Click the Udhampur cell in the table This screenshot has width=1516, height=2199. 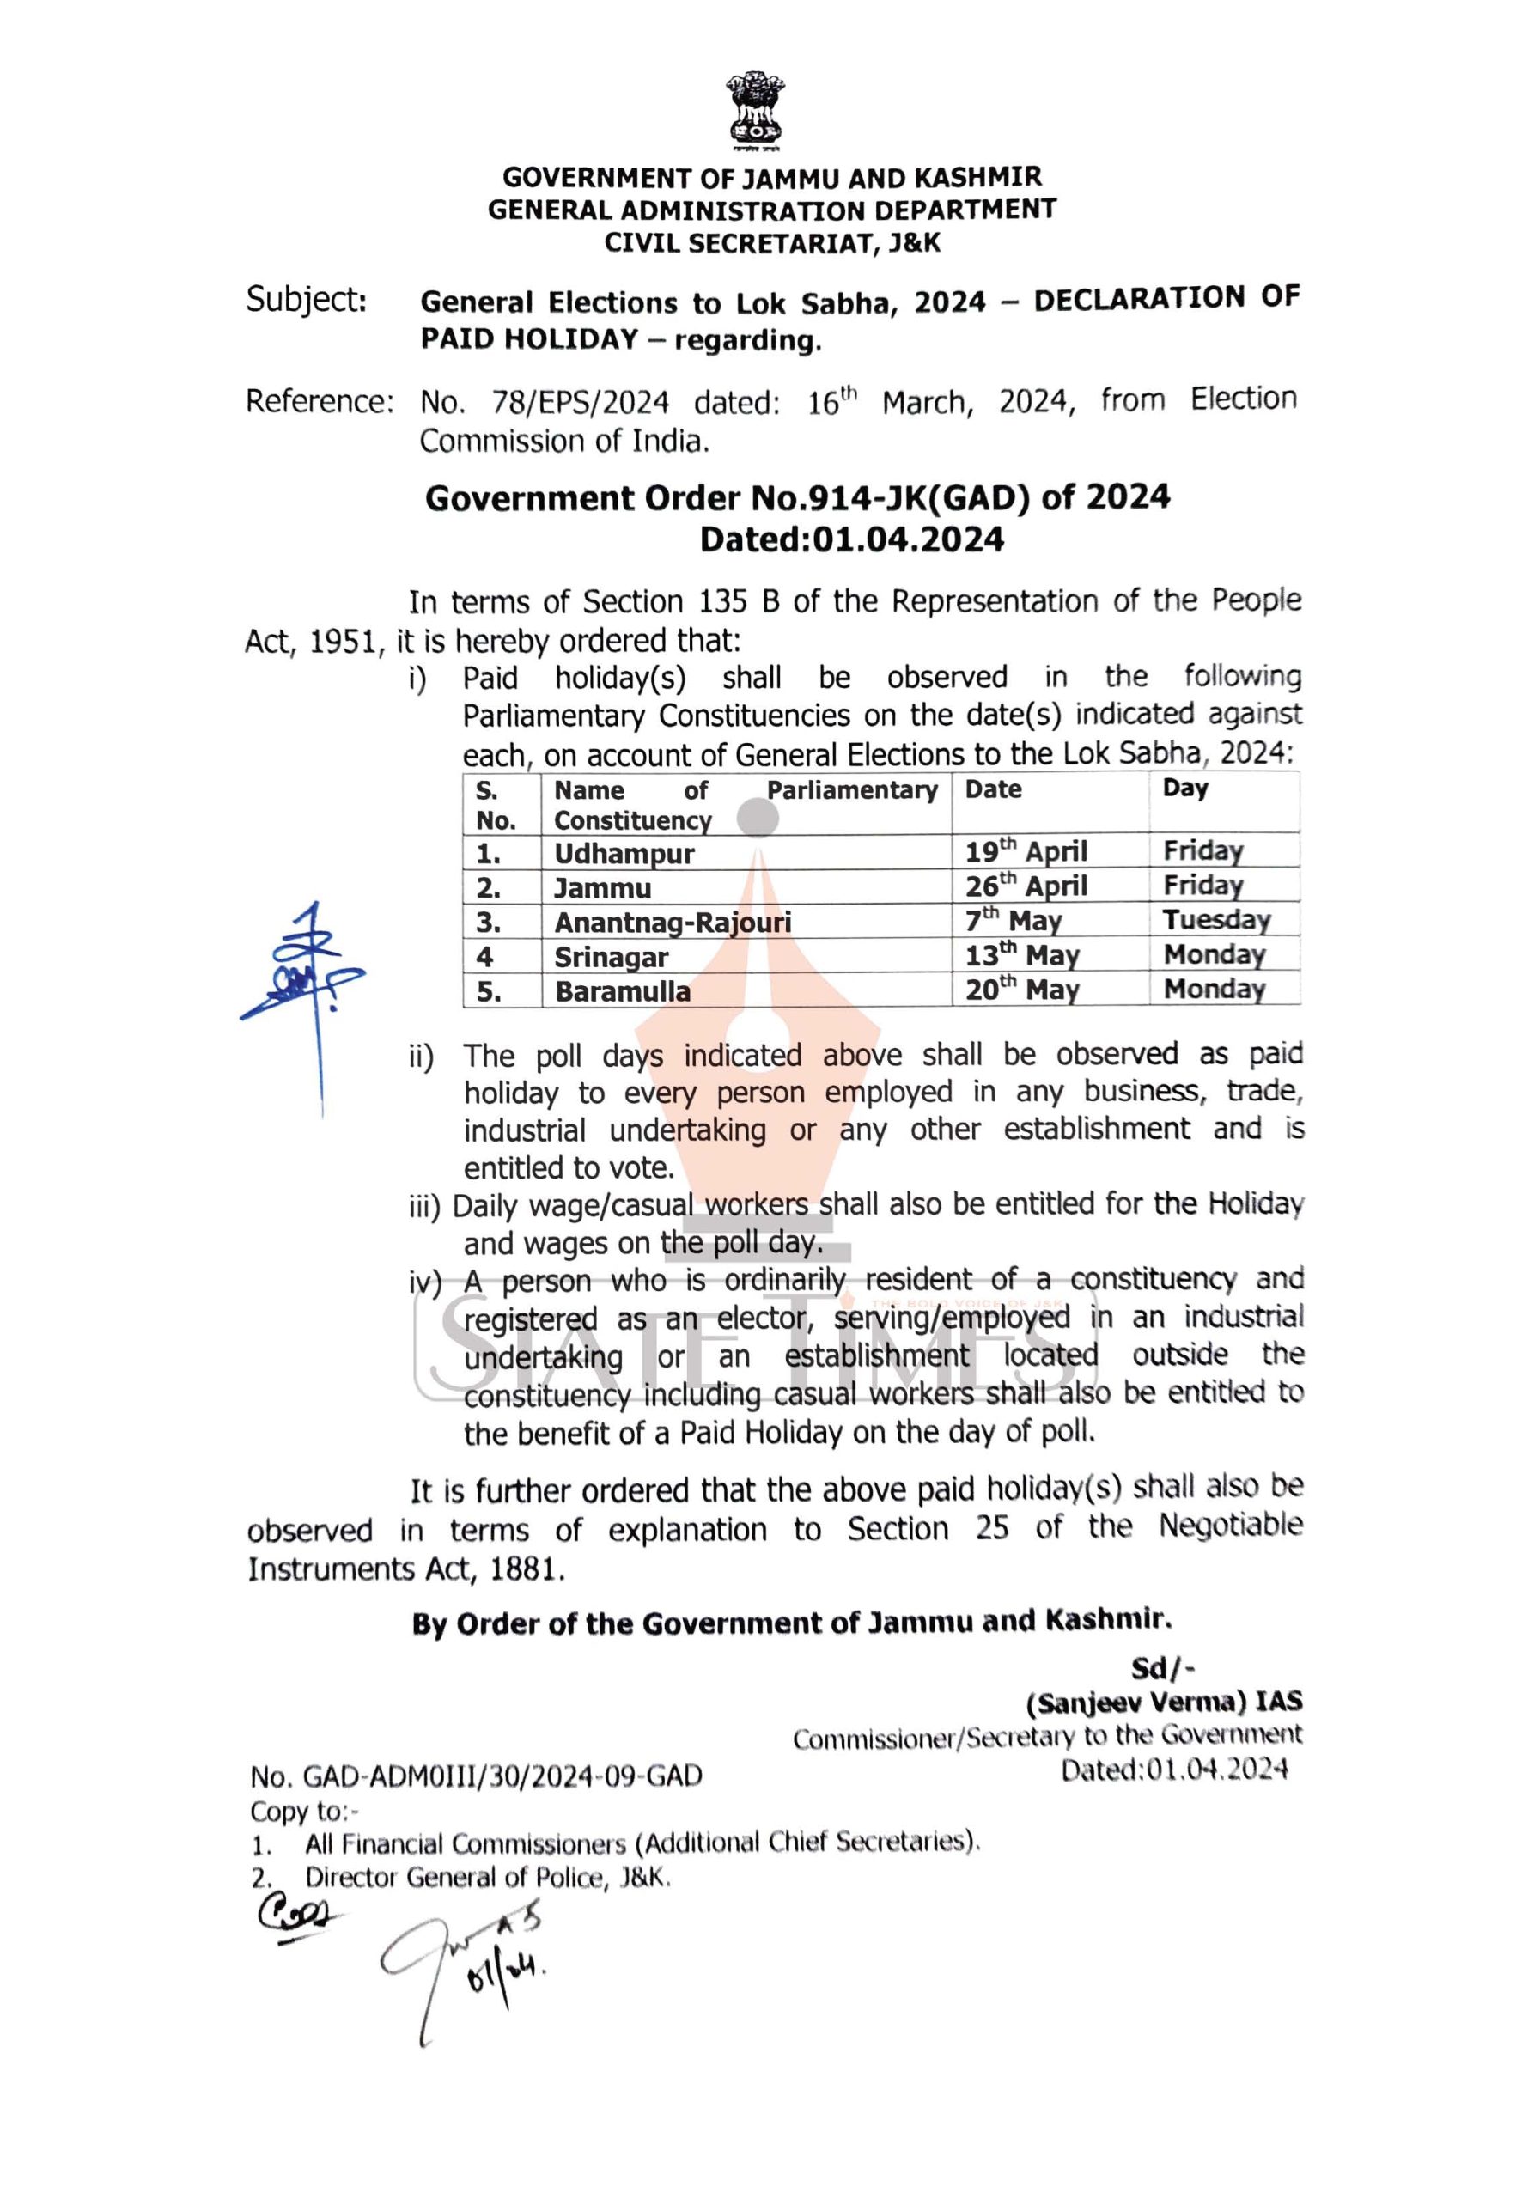pos(624,853)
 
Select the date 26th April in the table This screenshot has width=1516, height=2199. pos(1026,886)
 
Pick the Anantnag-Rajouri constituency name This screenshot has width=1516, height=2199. pos(673,923)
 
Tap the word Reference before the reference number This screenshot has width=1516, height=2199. pos(318,402)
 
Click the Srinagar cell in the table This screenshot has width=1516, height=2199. pos(611,958)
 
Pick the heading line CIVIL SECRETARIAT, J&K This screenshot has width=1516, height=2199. pos(772,243)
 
